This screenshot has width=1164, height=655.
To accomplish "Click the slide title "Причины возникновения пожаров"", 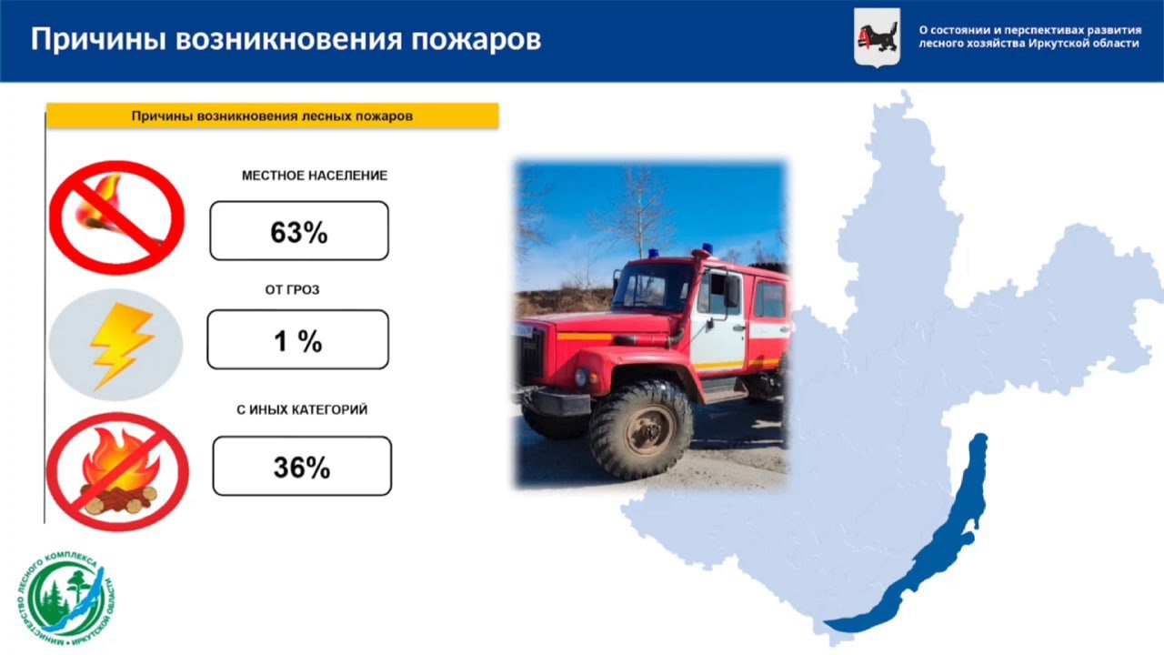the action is pyautogui.click(x=286, y=39).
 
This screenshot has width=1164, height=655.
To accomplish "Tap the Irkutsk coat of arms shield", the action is pyautogui.click(x=878, y=38).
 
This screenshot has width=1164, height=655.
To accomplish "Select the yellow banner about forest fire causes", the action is pyautogui.click(x=272, y=116).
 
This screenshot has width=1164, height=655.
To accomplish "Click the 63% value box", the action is pyautogui.click(x=299, y=231).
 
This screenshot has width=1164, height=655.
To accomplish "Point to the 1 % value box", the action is pyautogui.click(x=297, y=340).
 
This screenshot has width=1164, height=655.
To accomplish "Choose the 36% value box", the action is pyautogui.click(x=302, y=467).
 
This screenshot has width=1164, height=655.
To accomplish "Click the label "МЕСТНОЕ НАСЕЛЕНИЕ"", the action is pyautogui.click(x=315, y=176).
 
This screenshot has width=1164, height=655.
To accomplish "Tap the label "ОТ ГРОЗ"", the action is pyautogui.click(x=292, y=290).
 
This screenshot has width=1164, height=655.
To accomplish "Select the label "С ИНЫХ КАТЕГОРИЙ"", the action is pyautogui.click(x=302, y=410).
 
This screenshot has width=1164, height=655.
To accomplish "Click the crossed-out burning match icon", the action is pyautogui.click(x=117, y=217).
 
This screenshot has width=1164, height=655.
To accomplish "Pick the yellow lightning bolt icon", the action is pyautogui.click(x=122, y=346).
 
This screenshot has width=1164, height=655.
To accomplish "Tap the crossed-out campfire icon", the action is pyautogui.click(x=117, y=472).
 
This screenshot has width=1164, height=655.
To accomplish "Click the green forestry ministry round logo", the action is pyautogui.click(x=66, y=599).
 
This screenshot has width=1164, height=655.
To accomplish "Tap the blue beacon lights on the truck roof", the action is pyautogui.click(x=679, y=250).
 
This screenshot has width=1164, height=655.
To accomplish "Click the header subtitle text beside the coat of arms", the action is pyautogui.click(x=1030, y=37).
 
